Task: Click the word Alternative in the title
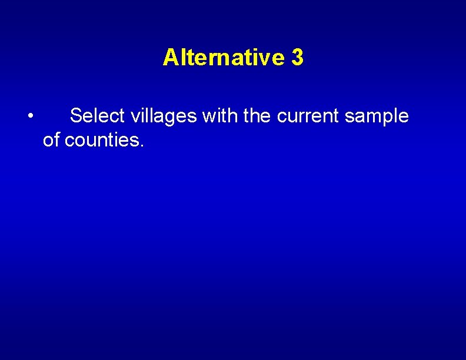223,58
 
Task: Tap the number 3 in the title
297,58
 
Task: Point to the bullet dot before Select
29,115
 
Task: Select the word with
220,116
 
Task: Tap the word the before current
257,116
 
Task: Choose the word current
308,116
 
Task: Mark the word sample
377,116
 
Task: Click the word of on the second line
51,140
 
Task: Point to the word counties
101,140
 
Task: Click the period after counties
141,145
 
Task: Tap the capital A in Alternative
169,58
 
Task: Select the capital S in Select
75,116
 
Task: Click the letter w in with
208,116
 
